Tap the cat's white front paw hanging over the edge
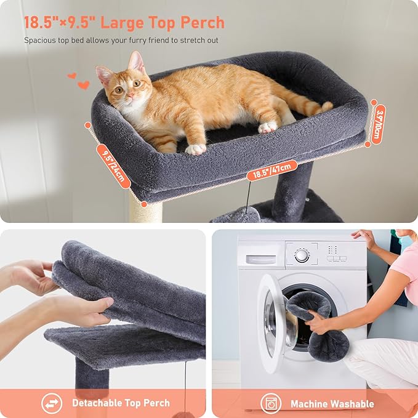coord(195,148)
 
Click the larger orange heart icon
coord(84,85)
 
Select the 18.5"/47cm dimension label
coord(271,169)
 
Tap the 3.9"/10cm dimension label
coord(378,123)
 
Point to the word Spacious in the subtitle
coord(39,41)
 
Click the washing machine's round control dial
coord(301,255)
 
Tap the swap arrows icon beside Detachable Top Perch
coord(52,403)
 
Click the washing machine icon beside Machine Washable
coord(270,403)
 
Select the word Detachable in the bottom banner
coord(99,403)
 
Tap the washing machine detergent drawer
coord(261,254)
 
